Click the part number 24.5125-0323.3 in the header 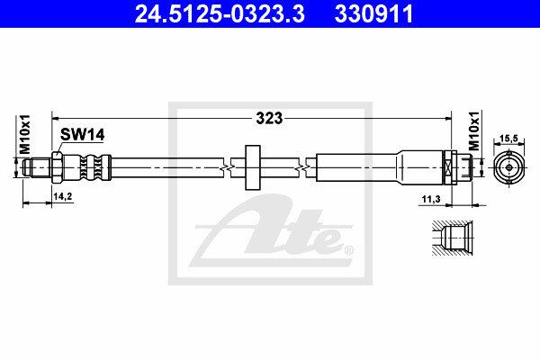pyautogui.click(x=220, y=13)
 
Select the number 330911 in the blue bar pyautogui.click(x=374, y=13)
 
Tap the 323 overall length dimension pyautogui.click(x=269, y=118)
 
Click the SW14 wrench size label pyautogui.click(x=82, y=134)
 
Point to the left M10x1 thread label pyautogui.click(x=25, y=134)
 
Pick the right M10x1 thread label pyautogui.click(x=474, y=130)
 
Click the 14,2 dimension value pyautogui.click(x=63, y=196)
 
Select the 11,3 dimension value pyautogui.click(x=431, y=199)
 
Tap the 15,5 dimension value pyautogui.click(x=508, y=139)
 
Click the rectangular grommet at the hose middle pyautogui.click(x=253, y=167)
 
